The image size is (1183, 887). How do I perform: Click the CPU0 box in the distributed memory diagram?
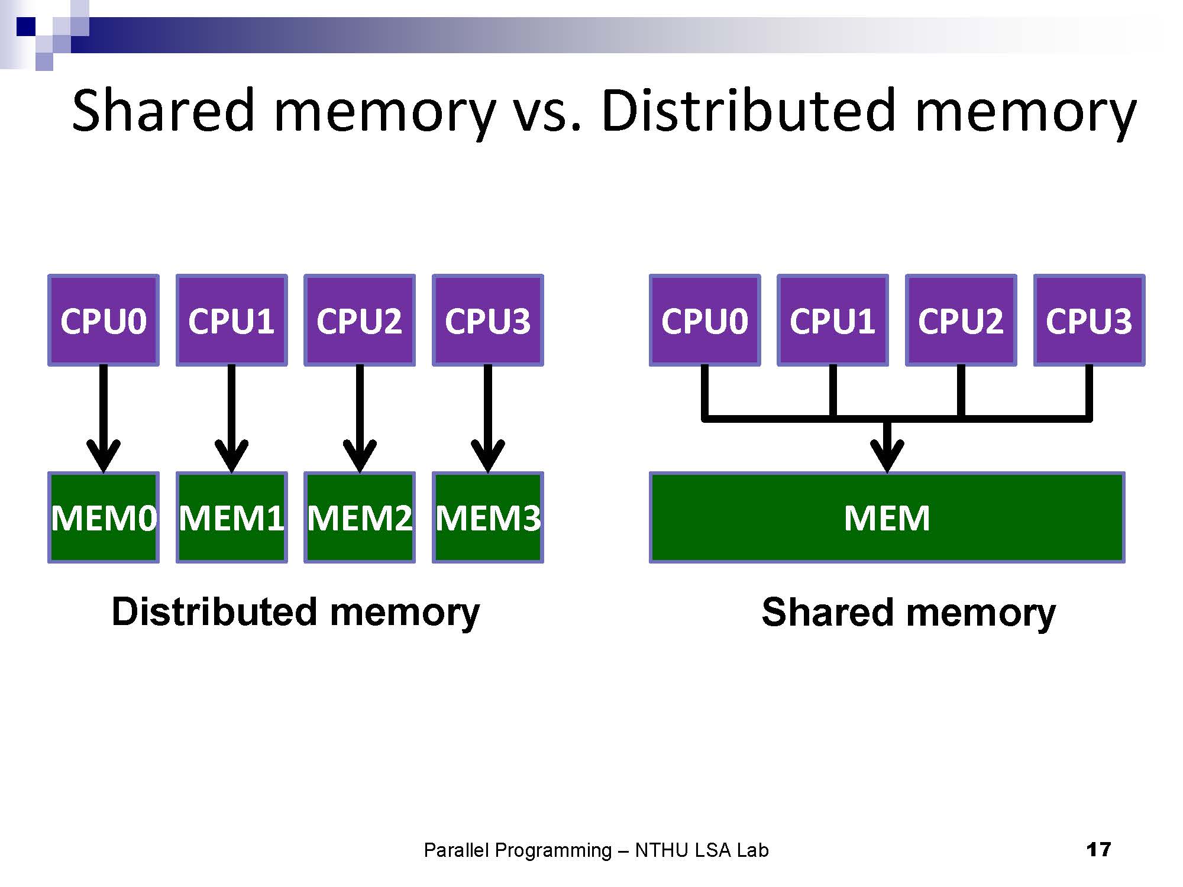[x=104, y=321]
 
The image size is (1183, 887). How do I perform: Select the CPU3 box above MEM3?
[x=488, y=321]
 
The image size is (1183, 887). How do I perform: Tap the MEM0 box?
[x=104, y=517]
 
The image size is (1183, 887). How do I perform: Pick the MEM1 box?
[x=232, y=517]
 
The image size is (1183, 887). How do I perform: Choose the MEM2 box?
[x=360, y=517]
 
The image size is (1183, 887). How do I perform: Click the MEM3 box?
[x=488, y=517]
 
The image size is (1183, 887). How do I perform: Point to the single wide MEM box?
[x=887, y=517]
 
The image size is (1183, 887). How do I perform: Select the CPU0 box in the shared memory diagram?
[x=704, y=321]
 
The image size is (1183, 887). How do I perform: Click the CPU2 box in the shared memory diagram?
[x=961, y=321]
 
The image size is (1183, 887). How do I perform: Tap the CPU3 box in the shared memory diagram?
[x=1089, y=321]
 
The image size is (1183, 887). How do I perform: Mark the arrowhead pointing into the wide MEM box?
[x=887, y=455]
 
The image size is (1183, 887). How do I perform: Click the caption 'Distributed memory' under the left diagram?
[x=296, y=612]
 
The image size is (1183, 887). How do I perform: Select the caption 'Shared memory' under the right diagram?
[x=909, y=612]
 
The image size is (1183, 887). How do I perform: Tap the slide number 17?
[x=1098, y=850]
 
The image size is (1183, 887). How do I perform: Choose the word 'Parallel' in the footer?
[x=457, y=850]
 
